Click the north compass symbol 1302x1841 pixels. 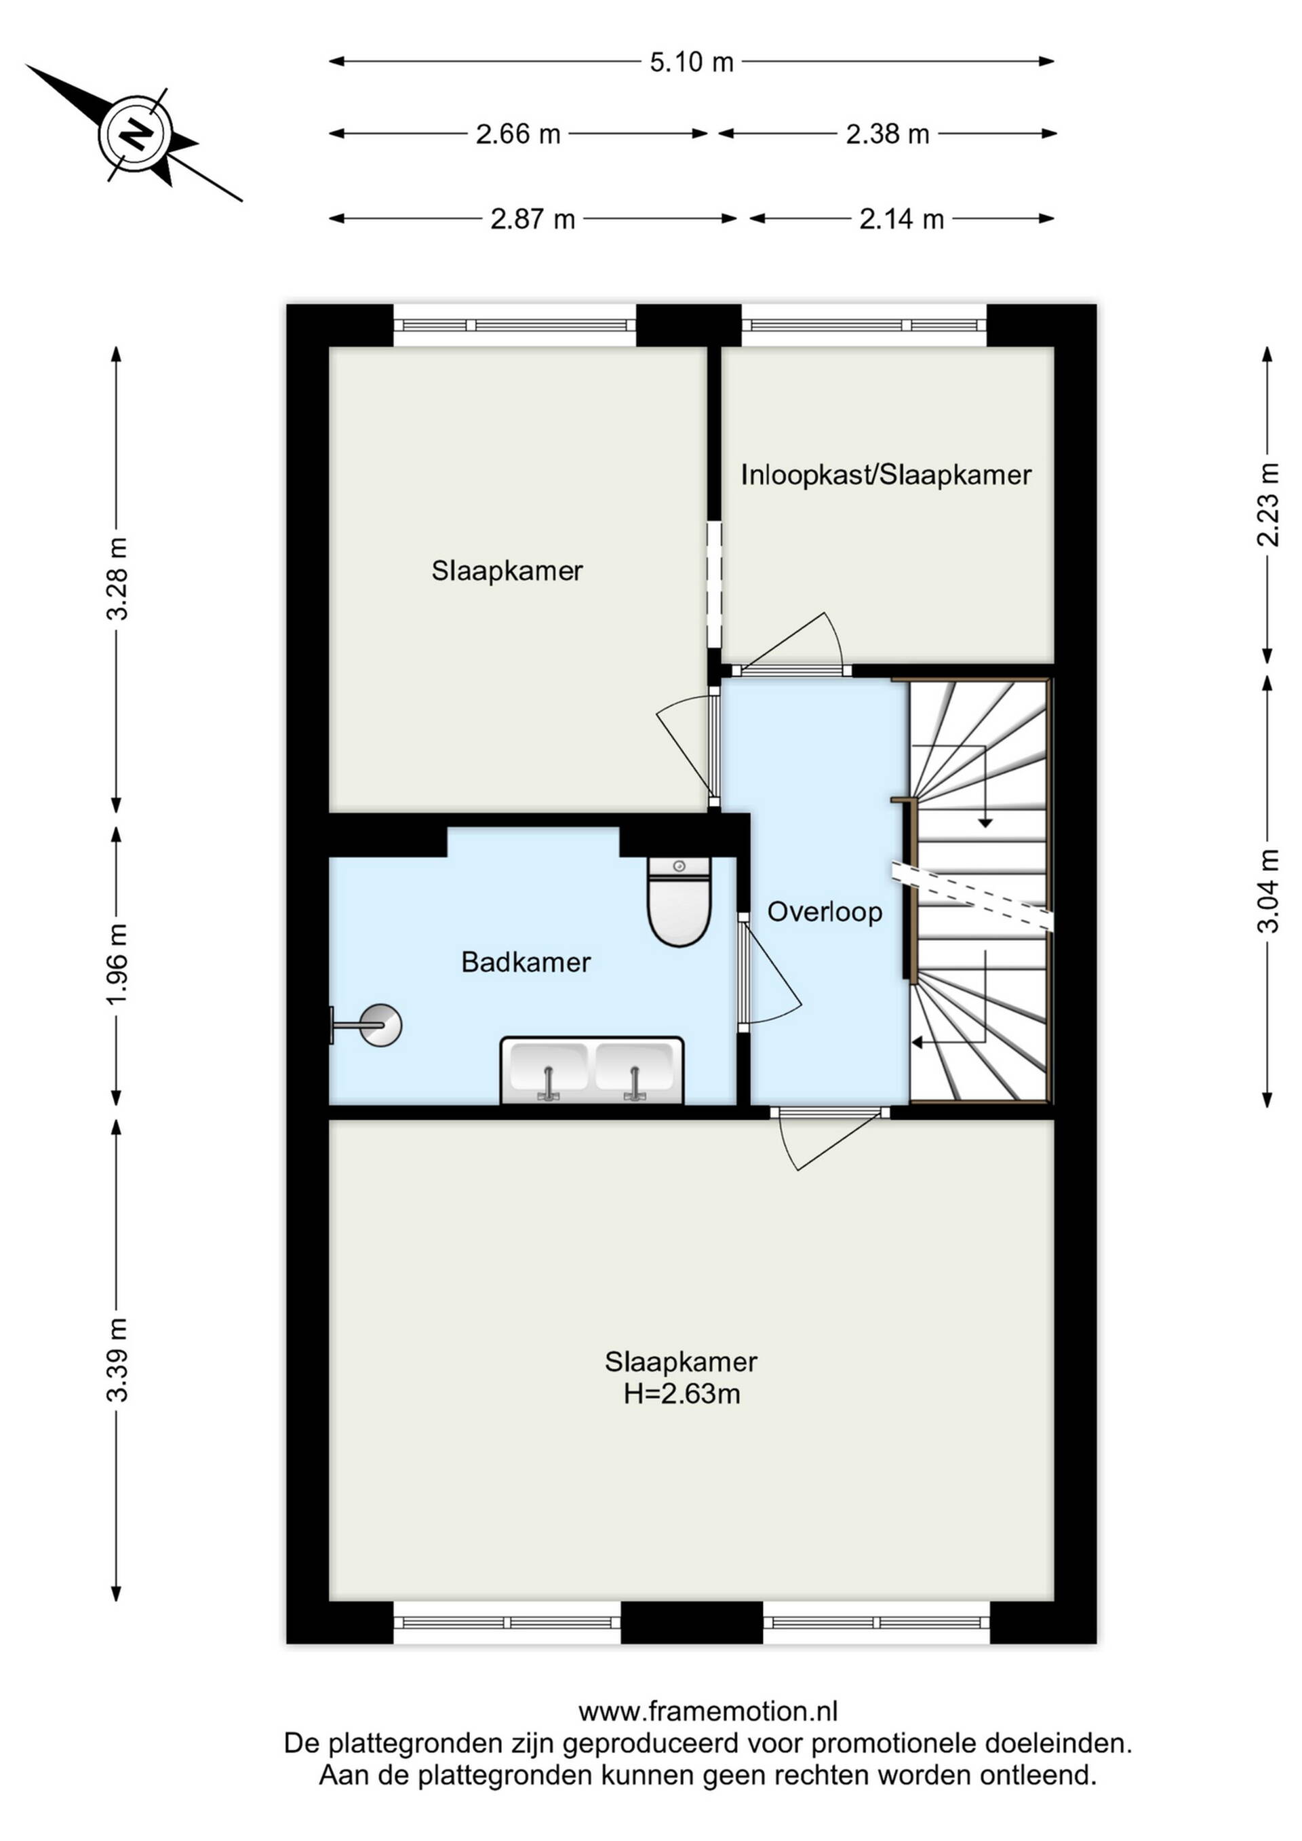point(135,133)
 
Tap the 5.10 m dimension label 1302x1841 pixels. point(691,62)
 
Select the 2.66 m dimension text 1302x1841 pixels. point(518,134)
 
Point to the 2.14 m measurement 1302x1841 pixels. point(901,219)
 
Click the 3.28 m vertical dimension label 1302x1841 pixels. point(118,579)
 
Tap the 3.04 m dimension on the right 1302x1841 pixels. point(1267,891)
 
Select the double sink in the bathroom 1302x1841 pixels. point(592,1070)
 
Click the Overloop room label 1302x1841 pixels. point(825,912)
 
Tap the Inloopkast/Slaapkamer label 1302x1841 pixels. point(886,476)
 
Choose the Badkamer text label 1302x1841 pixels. point(526,962)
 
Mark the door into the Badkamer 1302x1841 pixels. point(769,973)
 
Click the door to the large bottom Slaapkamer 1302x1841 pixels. point(831,1140)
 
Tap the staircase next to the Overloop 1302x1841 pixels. point(979,891)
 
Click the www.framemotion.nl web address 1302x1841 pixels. point(708,1713)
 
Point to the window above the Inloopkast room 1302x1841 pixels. point(864,325)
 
